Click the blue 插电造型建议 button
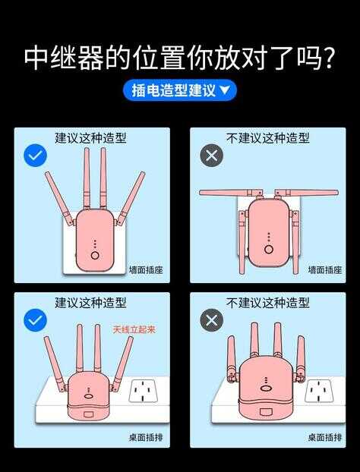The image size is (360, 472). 180,90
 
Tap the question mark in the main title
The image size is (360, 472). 327,58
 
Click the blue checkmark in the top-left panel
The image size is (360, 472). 35,156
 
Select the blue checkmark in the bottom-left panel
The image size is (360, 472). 35,319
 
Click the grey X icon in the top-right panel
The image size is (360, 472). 211,156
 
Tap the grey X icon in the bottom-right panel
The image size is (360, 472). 211,319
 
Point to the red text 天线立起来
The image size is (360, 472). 134,329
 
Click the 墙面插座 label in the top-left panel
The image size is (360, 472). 146,269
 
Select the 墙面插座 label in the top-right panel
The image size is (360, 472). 325,269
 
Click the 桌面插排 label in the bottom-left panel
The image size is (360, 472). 146,437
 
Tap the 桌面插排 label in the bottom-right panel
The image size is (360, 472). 325,437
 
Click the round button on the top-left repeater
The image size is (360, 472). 95,256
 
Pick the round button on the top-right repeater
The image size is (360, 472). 269,249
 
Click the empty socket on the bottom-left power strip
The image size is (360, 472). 143,391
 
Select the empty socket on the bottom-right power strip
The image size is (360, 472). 319,391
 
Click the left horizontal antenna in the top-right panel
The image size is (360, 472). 231,193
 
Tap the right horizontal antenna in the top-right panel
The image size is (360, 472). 307,193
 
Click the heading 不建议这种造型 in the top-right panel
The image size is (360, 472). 268,138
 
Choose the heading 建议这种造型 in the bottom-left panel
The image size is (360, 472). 90,303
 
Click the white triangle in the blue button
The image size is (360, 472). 225,90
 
